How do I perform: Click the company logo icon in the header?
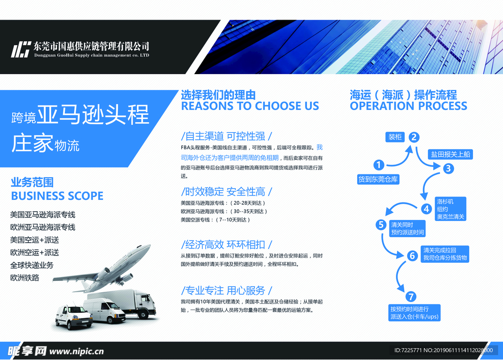click(x=21, y=49)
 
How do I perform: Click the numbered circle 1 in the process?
click(x=379, y=165)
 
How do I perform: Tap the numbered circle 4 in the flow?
click(x=426, y=209)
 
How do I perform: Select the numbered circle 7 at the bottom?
click(x=411, y=297)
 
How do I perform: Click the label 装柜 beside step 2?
click(x=395, y=137)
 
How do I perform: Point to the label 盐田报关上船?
click(x=450, y=154)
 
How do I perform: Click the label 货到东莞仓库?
click(x=378, y=179)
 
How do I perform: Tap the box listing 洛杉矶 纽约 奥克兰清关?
click(x=450, y=209)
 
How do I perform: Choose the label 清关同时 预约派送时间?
click(x=407, y=228)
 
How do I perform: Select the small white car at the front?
click(x=74, y=317)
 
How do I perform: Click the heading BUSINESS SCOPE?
click(x=57, y=196)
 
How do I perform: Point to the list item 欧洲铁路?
click(x=25, y=278)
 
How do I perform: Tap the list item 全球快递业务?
click(x=32, y=265)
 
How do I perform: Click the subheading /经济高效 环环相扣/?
click(x=226, y=245)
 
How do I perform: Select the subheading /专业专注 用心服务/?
click(x=226, y=291)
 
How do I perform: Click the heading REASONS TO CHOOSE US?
click(x=250, y=106)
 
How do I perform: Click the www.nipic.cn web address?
click(x=77, y=352)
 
